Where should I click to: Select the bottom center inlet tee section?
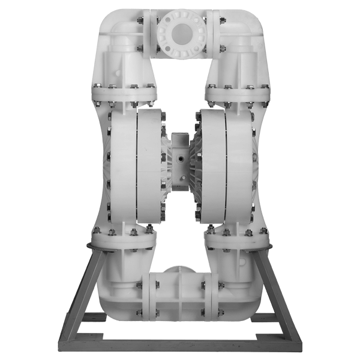(x=180, y=294)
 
